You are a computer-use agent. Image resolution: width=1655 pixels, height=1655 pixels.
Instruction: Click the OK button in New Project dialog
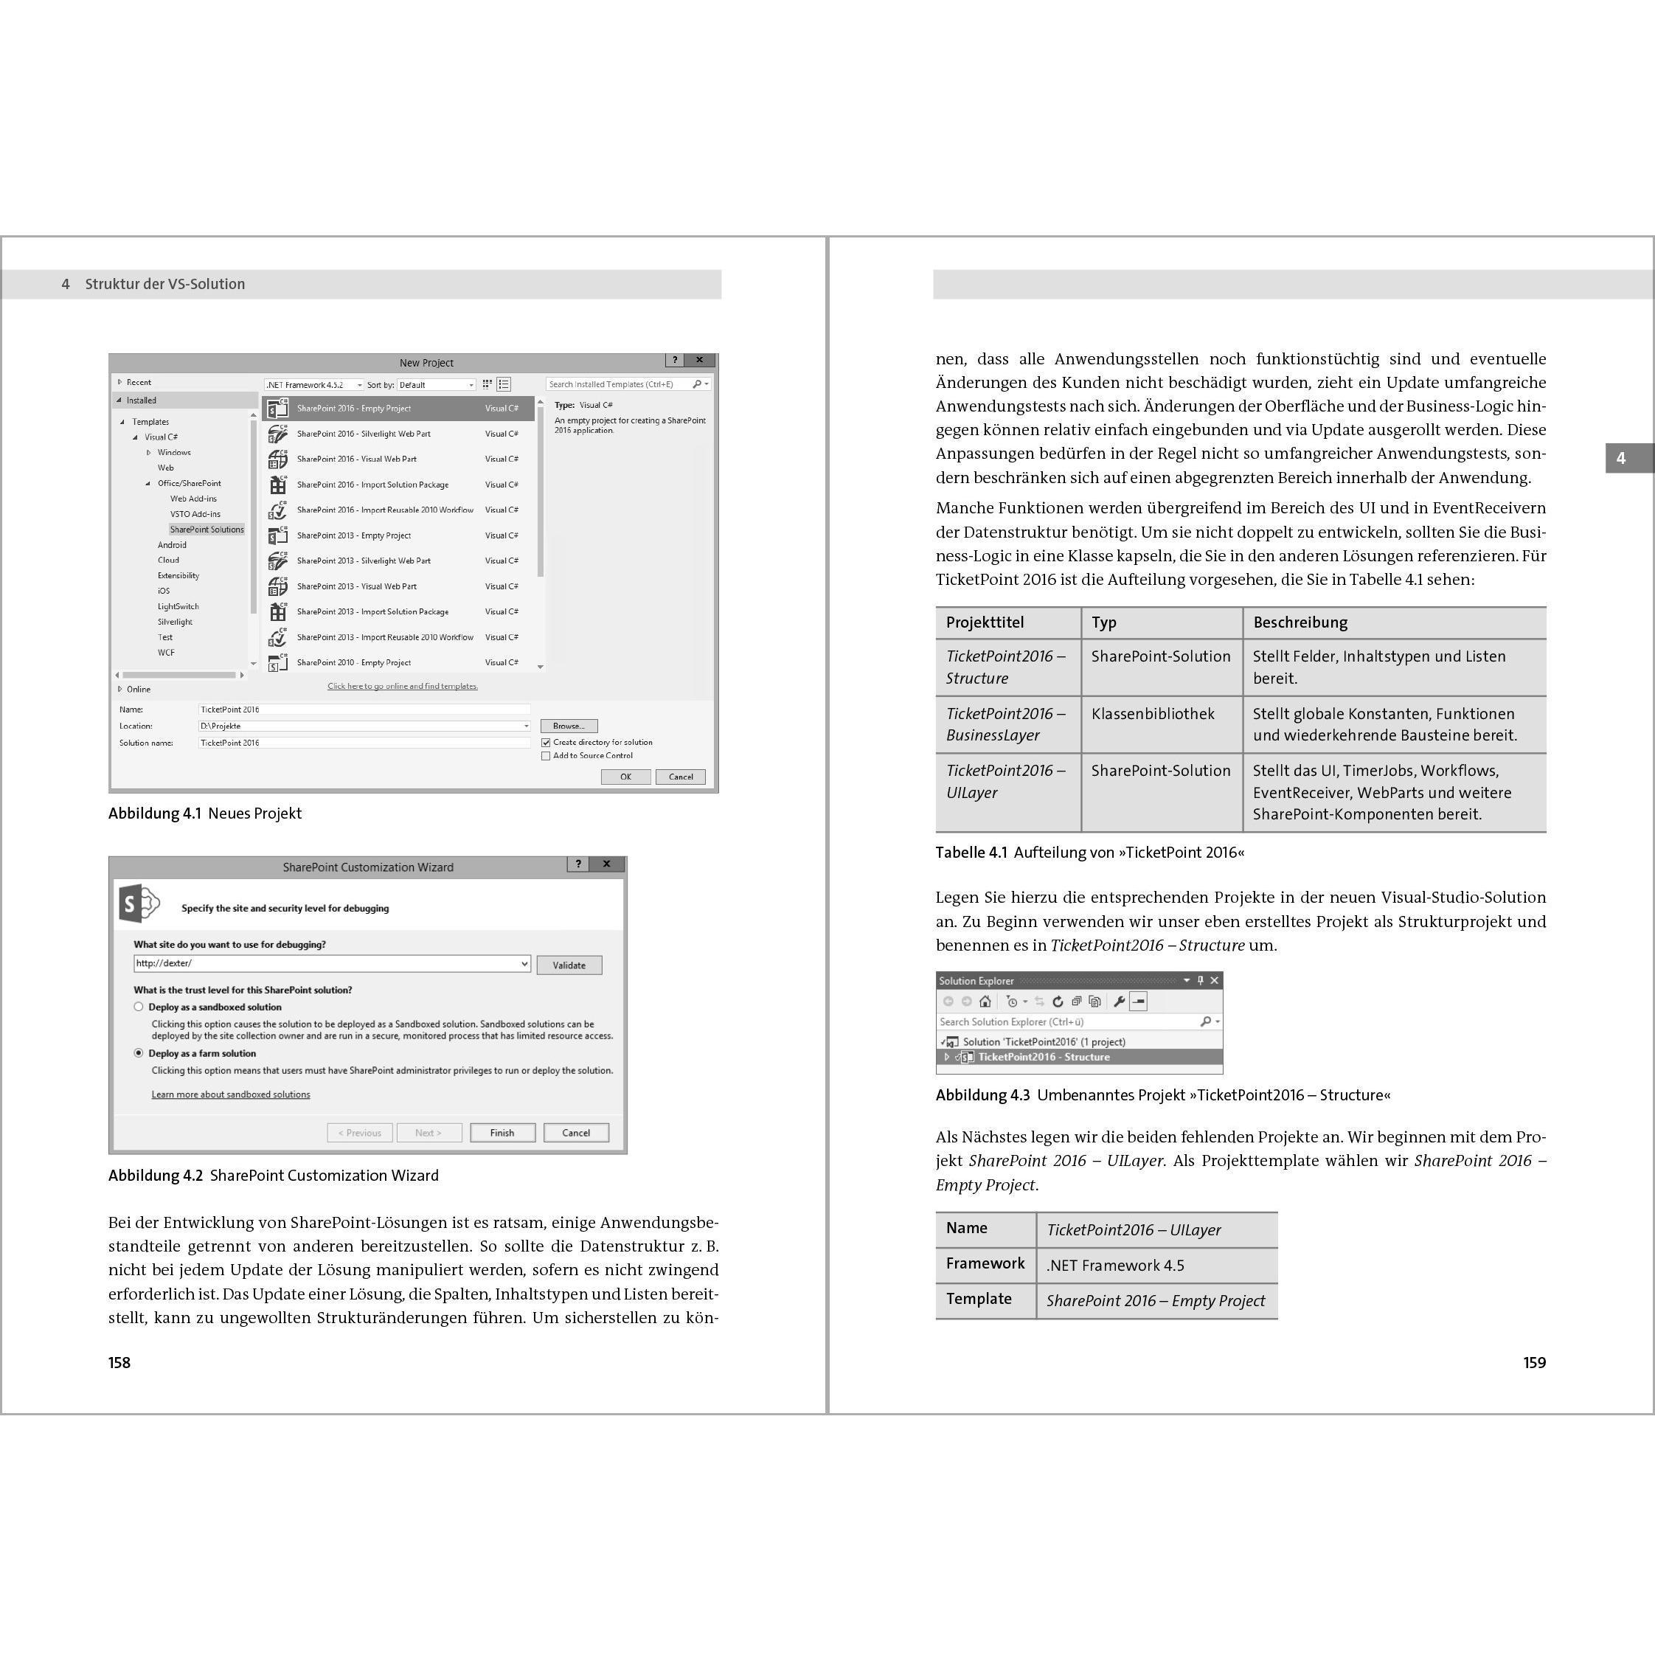tap(625, 777)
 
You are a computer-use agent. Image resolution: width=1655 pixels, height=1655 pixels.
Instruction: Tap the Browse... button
tap(569, 726)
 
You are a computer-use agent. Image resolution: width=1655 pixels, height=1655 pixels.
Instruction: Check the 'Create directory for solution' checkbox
tap(546, 743)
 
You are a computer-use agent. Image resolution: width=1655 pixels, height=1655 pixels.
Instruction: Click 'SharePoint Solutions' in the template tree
tap(207, 530)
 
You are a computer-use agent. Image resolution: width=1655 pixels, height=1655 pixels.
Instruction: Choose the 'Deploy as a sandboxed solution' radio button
tap(139, 1007)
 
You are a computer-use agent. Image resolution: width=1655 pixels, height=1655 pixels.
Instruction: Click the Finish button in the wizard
tap(502, 1132)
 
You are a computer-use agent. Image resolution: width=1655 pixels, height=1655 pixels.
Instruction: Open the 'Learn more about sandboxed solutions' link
tap(230, 1094)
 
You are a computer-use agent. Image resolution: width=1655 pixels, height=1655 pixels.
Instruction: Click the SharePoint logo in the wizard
tap(138, 903)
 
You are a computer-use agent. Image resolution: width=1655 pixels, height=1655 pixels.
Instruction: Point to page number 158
tap(119, 1363)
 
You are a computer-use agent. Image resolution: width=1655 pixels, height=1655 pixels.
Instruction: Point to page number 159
tap(1534, 1363)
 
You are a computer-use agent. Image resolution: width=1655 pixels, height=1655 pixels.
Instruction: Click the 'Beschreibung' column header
tap(1300, 622)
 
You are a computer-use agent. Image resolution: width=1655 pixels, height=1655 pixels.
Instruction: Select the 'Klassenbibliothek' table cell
tap(1152, 714)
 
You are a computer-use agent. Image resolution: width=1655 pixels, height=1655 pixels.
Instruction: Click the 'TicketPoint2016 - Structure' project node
tap(1044, 1057)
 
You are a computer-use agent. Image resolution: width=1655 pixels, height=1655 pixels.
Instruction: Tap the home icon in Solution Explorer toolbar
tap(985, 1002)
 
